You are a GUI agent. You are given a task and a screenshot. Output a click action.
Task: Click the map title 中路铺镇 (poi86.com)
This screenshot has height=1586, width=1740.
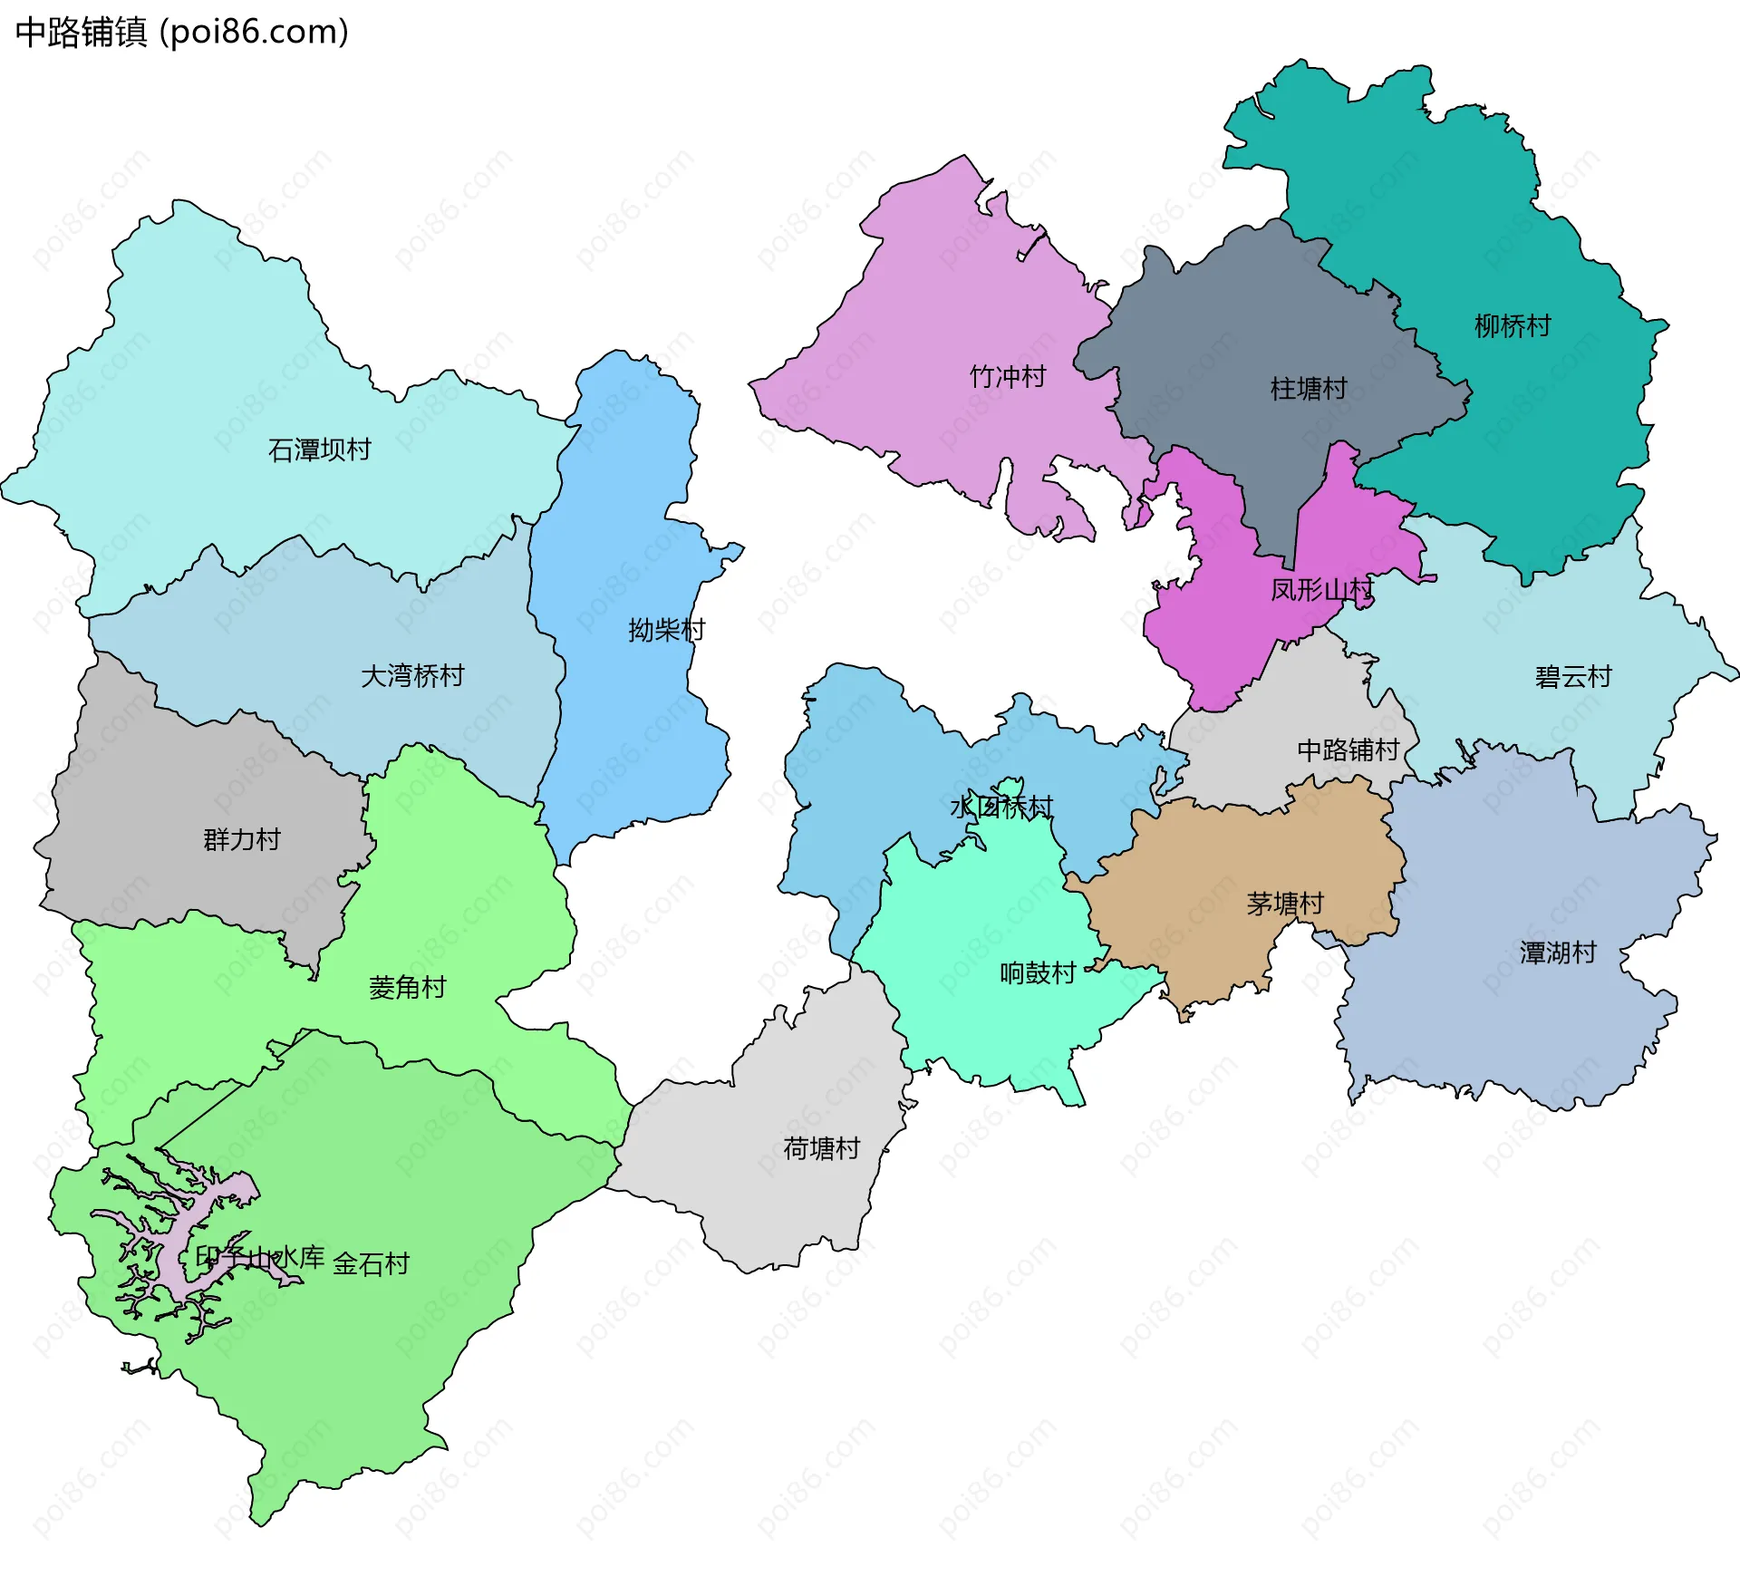pos(181,33)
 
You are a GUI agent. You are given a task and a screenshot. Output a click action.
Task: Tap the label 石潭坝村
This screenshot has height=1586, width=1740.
pos(319,450)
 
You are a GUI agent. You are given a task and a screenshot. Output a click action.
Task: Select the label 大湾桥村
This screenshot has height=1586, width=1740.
pos(412,675)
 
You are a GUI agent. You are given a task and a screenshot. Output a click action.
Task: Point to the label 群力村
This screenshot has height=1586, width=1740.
pos(241,839)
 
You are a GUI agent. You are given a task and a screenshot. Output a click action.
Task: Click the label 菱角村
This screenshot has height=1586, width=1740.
pos(408,987)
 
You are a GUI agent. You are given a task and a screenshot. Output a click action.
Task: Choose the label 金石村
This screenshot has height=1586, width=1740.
pos(372,1263)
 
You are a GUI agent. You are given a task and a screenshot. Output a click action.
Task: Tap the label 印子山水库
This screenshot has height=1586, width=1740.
pos(260,1257)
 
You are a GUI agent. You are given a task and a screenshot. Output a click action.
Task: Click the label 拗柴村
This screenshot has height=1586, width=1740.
pos(666,630)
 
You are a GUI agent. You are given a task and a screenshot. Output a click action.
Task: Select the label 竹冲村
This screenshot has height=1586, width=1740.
pos(1008,376)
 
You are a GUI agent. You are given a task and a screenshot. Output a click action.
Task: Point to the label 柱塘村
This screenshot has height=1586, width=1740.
pos(1309,389)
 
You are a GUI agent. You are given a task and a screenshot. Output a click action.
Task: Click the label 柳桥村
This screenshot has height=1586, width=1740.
pos(1513,325)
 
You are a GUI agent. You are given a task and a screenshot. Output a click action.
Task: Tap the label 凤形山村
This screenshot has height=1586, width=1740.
pos(1321,590)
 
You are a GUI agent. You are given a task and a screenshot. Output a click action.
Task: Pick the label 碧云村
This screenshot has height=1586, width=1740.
pos(1573,676)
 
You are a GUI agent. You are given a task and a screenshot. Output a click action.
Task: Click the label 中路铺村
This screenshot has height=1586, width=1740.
pos(1348,749)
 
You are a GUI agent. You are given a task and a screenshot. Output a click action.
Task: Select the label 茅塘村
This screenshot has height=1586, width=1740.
pos(1285,904)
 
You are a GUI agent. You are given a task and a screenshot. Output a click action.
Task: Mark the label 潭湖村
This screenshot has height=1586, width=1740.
pos(1558,953)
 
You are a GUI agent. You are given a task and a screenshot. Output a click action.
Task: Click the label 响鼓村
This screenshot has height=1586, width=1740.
pos(1038,972)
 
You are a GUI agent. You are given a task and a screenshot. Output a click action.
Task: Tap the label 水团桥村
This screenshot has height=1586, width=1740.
pos(1001,807)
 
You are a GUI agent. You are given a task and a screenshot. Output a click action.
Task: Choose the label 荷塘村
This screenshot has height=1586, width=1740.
pos(821,1148)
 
